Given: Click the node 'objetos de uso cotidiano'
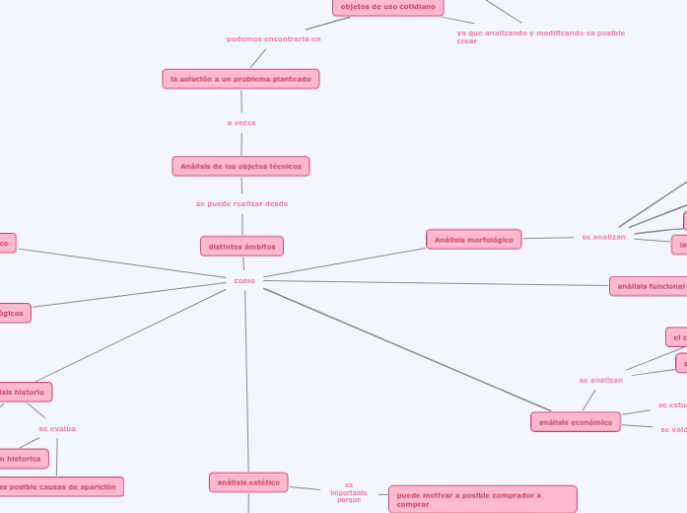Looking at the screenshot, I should (387, 7).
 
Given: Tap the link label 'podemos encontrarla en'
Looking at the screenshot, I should (273, 39).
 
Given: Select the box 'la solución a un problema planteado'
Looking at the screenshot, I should (240, 79).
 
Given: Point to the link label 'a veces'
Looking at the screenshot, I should (241, 123).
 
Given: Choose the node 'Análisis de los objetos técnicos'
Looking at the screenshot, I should (240, 166).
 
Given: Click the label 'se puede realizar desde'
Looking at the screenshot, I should (241, 203).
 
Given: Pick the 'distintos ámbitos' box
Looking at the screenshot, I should (241, 246).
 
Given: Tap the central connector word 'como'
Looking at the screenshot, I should (244, 281).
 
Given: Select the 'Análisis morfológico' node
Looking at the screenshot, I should (473, 240).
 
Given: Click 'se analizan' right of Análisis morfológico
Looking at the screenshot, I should (603, 237).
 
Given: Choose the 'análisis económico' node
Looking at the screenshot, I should (576, 422).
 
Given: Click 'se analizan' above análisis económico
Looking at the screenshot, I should (600, 380).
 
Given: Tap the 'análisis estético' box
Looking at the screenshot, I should (248, 482).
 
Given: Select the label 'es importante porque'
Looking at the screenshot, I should (349, 492).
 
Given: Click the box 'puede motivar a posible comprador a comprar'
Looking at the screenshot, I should (482, 499).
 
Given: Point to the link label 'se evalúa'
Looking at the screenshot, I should (57, 429).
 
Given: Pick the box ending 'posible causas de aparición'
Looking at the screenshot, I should (61, 486).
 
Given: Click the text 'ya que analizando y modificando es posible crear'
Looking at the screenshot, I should (540, 37).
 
